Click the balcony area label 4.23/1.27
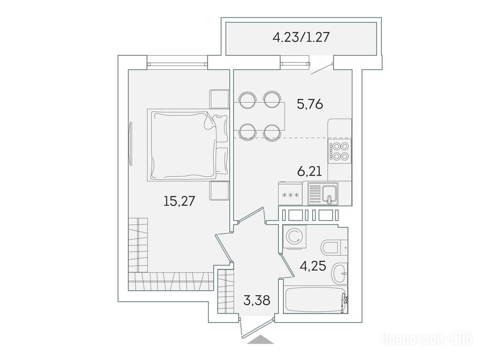301,37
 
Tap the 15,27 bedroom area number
180,201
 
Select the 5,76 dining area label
310,105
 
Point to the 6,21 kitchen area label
309,171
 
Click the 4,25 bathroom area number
313,266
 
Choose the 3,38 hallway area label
256,300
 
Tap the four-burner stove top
339,151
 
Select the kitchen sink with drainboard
323,194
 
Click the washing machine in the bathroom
294,236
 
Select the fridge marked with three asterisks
290,194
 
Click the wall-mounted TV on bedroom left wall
131,143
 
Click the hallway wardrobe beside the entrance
225,291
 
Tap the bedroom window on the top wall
177,64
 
